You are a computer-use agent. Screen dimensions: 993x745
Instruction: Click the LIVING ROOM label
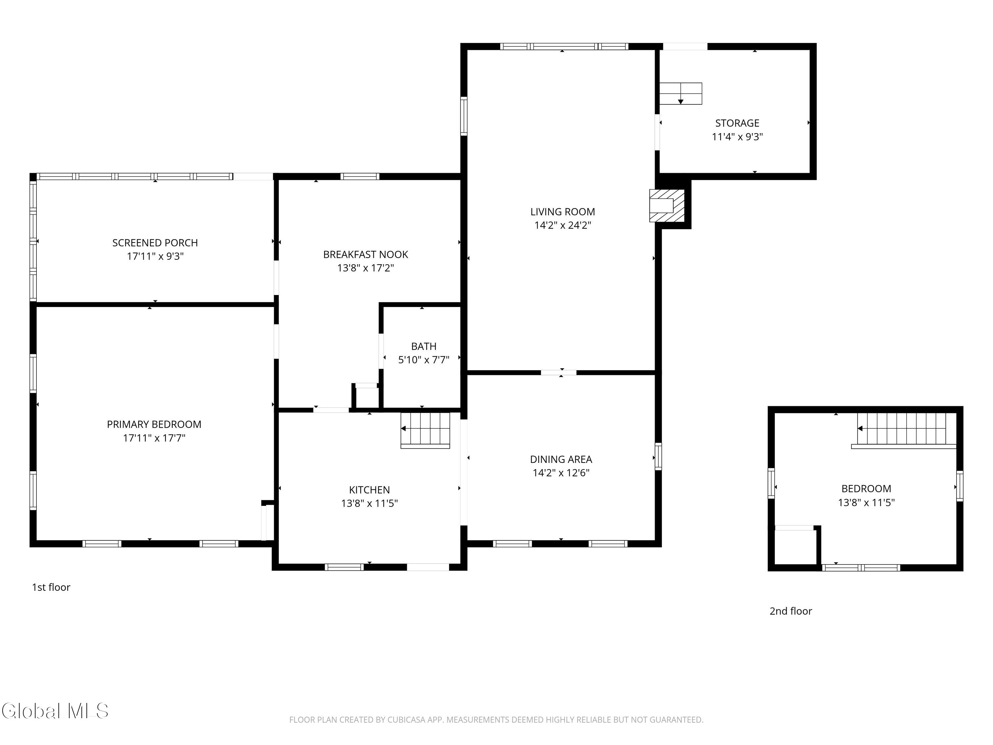coord(562,212)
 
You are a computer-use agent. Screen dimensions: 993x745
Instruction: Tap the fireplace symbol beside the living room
coord(667,206)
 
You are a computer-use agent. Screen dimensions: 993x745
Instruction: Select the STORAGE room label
coord(737,123)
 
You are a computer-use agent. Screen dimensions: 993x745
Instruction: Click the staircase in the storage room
coord(681,93)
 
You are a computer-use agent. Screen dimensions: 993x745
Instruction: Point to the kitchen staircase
coord(425,430)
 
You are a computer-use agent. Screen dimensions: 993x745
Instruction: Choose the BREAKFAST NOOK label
coord(365,255)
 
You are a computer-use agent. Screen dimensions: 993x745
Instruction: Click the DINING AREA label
coord(561,459)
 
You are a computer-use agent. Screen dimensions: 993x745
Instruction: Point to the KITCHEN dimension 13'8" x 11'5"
coord(369,503)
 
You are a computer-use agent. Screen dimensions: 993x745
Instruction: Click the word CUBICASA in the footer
coord(406,720)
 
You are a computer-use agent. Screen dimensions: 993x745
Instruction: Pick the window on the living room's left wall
coord(464,116)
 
